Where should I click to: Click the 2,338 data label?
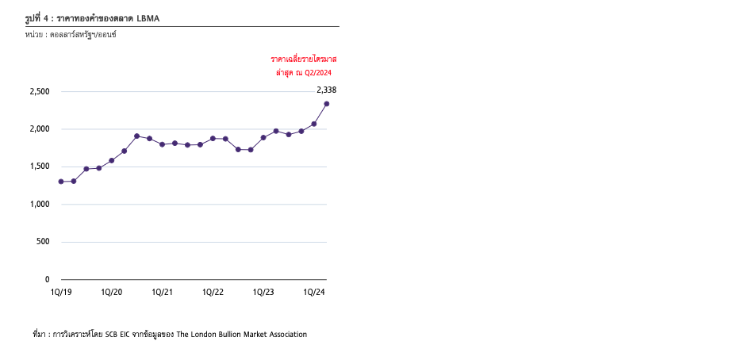coord(327,90)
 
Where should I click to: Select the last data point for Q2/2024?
coord(327,104)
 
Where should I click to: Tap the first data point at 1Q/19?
coord(61,182)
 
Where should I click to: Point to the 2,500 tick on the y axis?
coord(39,92)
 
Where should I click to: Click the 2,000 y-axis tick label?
coord(39,129)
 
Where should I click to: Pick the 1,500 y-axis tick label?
coord(39,167)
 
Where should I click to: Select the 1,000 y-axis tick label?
coord(39,205)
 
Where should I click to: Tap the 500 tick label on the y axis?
coord(43,242)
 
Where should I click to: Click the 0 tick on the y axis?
coord(47,280)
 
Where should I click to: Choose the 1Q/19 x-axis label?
coord(61,293)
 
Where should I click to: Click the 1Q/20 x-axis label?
coord(112,293)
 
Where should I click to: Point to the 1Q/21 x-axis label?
coord(163,293)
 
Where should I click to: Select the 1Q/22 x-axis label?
coord(213,293)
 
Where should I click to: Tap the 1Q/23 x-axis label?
coord(263,293)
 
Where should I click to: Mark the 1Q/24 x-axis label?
coord(314,293)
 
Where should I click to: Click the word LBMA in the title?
coord(148,17)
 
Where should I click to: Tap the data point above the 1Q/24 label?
coord(314,124)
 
